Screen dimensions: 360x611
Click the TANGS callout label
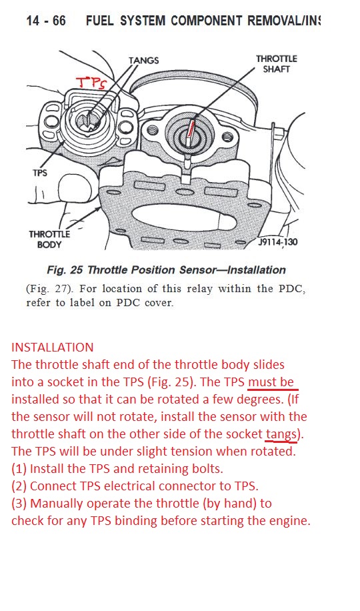tap(144, 61)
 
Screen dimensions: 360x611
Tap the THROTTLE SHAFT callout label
tap(276, 64)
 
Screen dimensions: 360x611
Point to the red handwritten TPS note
tap(91, 83)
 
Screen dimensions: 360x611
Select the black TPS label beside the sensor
tap(39, 172)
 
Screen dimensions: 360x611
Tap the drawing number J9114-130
tap(278, 242)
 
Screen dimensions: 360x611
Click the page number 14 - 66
tap(46, 20)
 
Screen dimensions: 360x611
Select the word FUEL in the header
tap(100, 20)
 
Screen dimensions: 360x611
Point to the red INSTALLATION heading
tap(52, 348)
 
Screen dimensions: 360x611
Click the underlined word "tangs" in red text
tap(281, 434)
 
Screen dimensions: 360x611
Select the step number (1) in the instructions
tap(19, 468)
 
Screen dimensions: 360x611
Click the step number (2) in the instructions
tap(19, 486)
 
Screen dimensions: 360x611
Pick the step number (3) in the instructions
tap(19, 504)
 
